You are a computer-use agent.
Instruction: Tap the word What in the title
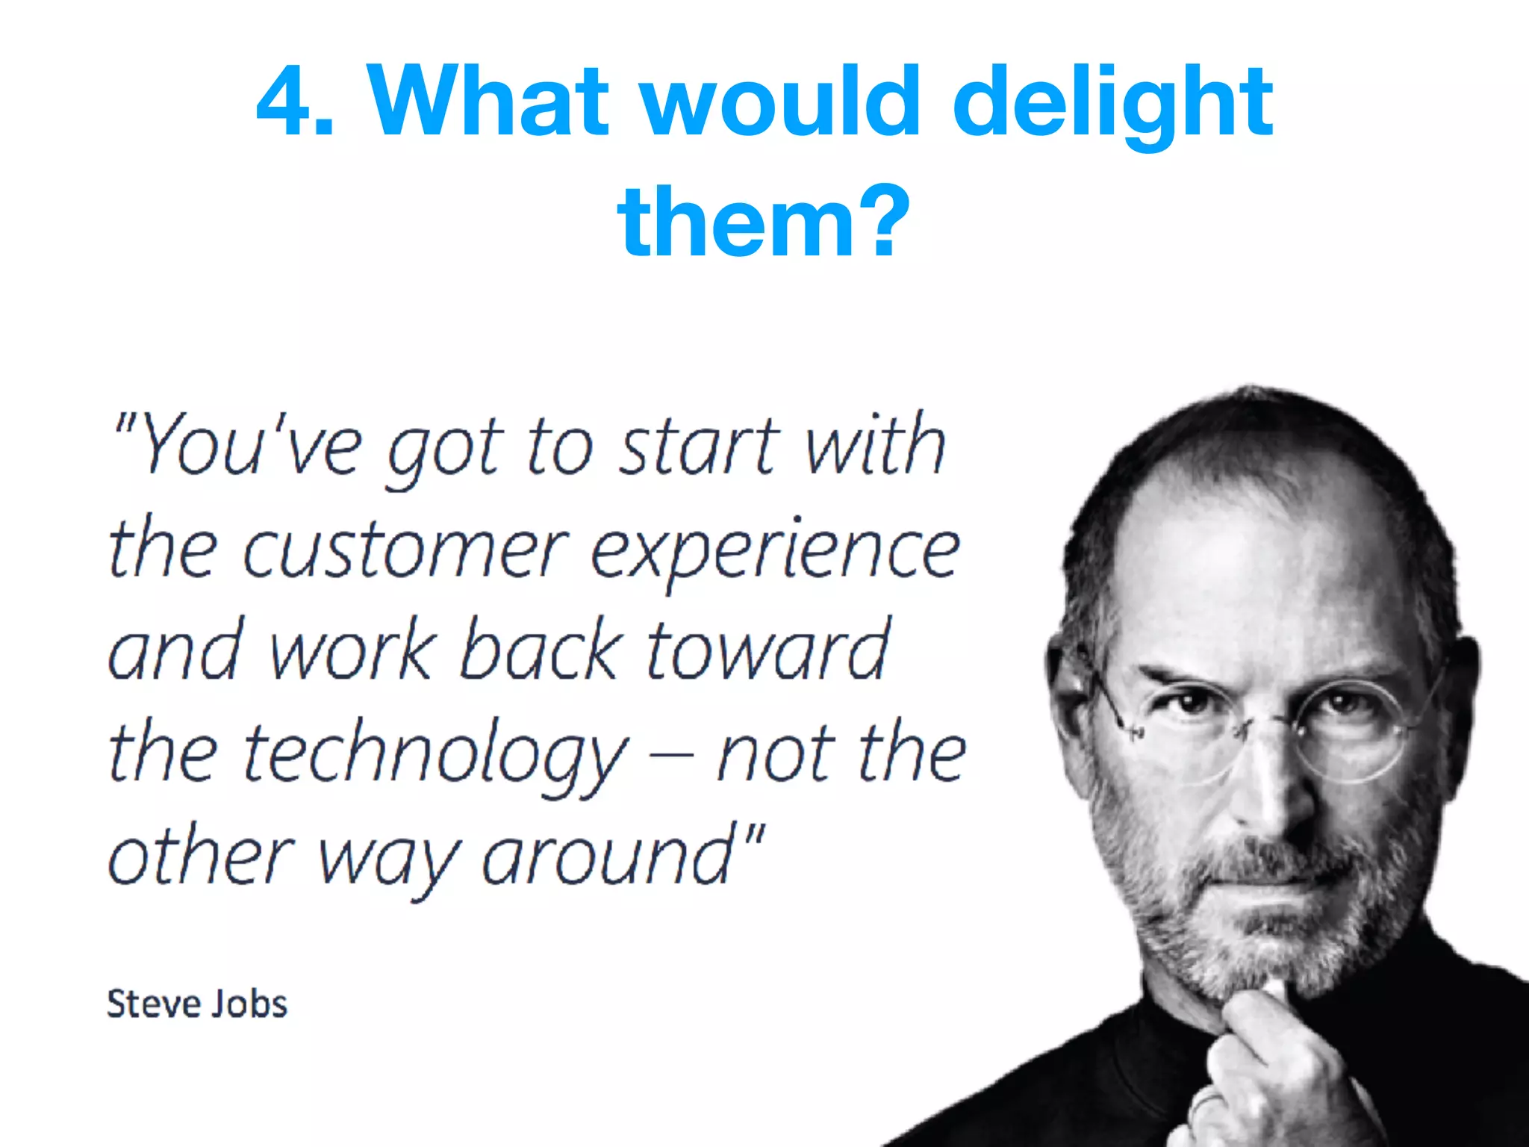click(x=488, y=102)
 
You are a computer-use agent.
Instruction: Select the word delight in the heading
click(x=1113, y=105)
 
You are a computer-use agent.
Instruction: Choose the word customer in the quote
click(x=405, y=551)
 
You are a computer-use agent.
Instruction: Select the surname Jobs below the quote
click(x=250, y=1004)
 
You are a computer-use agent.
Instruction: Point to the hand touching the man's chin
click(x=1269, y=1060)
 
